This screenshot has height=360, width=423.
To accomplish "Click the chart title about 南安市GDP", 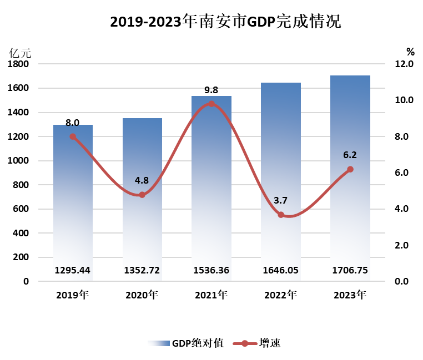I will [225, 22].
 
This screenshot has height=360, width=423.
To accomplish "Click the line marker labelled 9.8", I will [211, 104].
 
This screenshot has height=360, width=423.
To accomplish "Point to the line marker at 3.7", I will [281, 215].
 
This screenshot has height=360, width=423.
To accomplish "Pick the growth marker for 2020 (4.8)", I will [142, 195].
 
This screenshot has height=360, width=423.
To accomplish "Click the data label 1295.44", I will [73, 270].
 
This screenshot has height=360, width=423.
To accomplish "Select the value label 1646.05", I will [281, 270].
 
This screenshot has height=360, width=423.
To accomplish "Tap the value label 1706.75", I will [350, 270].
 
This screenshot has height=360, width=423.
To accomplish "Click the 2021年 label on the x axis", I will [211, 295].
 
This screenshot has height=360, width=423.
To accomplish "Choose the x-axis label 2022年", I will [281, 295].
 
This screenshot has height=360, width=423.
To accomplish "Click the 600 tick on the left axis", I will [21, 209].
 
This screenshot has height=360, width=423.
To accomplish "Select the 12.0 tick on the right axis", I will [404, 64].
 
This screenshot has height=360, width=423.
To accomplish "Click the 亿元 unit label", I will [21, 53].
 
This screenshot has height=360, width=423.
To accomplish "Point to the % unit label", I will [410, 52].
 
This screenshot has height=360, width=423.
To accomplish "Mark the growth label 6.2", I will [350, 155].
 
